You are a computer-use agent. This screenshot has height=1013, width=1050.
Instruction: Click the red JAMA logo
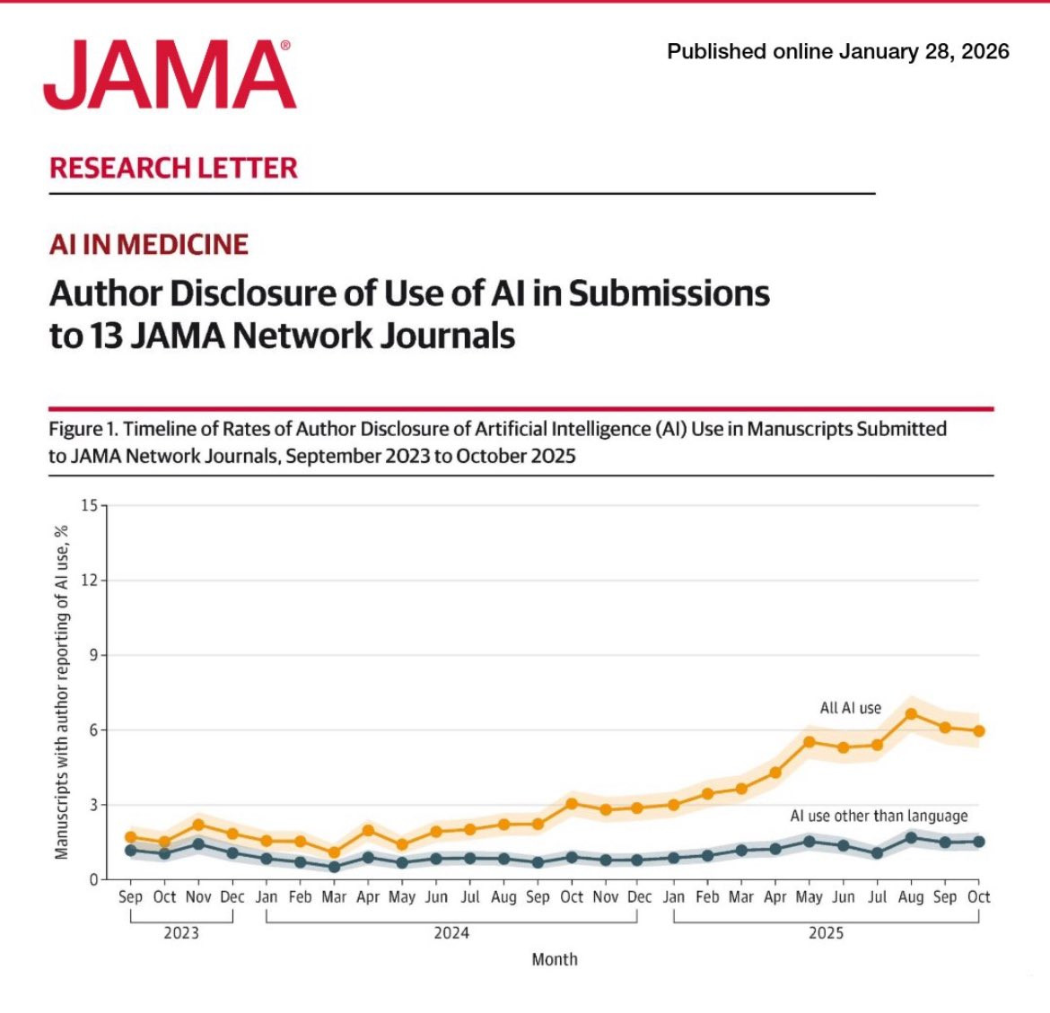[x=169, y=75]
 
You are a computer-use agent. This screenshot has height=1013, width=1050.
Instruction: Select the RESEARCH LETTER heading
[x=173, y=168]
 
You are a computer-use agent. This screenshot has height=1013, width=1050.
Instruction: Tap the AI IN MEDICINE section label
[x=149, y=244]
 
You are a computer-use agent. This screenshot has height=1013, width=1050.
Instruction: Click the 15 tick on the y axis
[x=88, y=505]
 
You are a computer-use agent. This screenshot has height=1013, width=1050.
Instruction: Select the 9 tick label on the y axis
[x=92, y=655]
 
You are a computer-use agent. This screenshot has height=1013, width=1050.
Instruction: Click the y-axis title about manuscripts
[x=62, y=692]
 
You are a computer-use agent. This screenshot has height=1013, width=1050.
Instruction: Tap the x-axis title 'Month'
[x=555, y=959]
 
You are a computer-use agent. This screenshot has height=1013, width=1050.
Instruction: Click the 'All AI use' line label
[x=850, y=708]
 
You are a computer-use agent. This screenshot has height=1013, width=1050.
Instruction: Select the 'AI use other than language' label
[x=879, y=816]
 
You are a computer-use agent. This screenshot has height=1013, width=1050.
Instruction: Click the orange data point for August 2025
[x=911, y=714]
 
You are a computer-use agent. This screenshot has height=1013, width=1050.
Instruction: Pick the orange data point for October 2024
[x=572, y=804]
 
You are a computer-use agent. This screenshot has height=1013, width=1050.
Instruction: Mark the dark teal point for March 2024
[x=334, y=867]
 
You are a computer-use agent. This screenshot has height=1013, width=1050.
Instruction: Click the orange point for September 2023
[x=130, y=837]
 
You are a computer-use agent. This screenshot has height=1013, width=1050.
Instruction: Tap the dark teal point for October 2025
[x=979, y=842]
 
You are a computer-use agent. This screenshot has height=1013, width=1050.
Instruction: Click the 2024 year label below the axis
[x=451, y=933]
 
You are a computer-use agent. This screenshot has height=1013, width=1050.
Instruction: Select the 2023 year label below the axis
[x=181, y=933]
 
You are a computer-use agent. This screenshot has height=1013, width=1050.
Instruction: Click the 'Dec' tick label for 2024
[x=639, y=896]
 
